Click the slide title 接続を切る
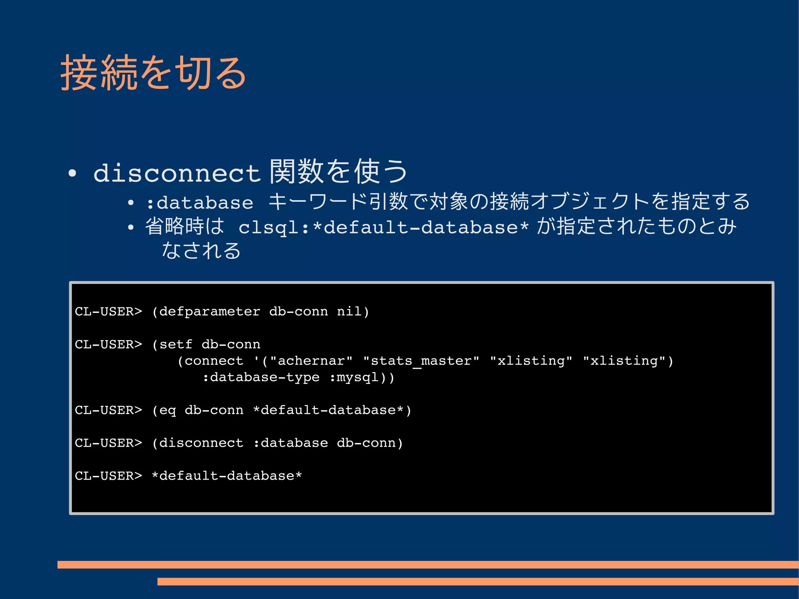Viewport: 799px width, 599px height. (153, 73)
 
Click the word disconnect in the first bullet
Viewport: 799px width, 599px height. (177, 173)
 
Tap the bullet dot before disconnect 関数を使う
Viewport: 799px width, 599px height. (72, 173)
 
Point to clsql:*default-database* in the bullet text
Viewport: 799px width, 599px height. (384, 227)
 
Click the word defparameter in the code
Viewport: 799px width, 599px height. (210, 311)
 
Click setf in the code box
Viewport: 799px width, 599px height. (176, 344)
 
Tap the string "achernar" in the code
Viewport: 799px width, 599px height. (311, 361)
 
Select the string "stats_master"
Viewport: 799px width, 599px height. (421, 361)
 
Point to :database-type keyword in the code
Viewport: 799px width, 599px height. (261, 377)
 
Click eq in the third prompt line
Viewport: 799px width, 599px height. (167, 410)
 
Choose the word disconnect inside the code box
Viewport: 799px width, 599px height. (201, 443)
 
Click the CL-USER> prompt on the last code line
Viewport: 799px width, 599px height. (108, 476)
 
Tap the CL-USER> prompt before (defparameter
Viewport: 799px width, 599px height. (108, 311)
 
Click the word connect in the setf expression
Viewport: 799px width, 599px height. (214, 361)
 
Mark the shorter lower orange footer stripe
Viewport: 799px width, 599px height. (478, 581)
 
